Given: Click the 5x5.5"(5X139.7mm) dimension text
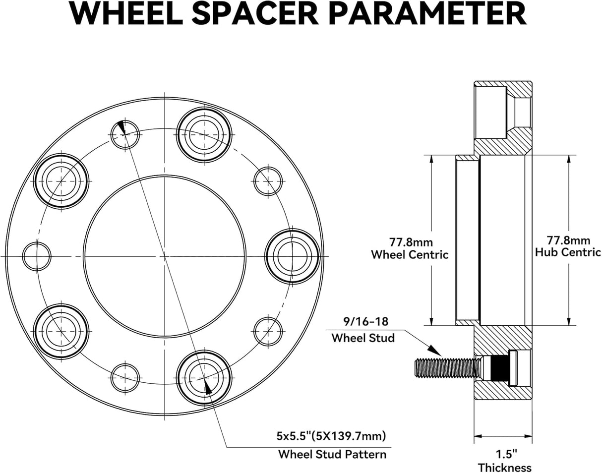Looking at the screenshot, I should [x=331, y=436].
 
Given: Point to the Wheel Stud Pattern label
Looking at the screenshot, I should [x=332, y=454].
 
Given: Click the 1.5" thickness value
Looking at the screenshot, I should [x=504, y=453].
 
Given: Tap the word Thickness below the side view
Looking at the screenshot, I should [x=504, y=467].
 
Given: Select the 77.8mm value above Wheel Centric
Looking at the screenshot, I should [x=411, y=242].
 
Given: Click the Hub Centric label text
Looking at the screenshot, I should [x=568, y=252].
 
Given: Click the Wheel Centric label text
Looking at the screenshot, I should [x=410, y=255].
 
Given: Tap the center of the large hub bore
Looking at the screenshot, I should [x=164, y=256].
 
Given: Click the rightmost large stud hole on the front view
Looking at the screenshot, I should [x=292, y=256].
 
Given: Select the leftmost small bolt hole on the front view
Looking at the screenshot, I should [x=37, y=256].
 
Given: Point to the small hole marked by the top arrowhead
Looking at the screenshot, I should [x=124, y=134].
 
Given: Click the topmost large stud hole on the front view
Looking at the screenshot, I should [x=204, y=134].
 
